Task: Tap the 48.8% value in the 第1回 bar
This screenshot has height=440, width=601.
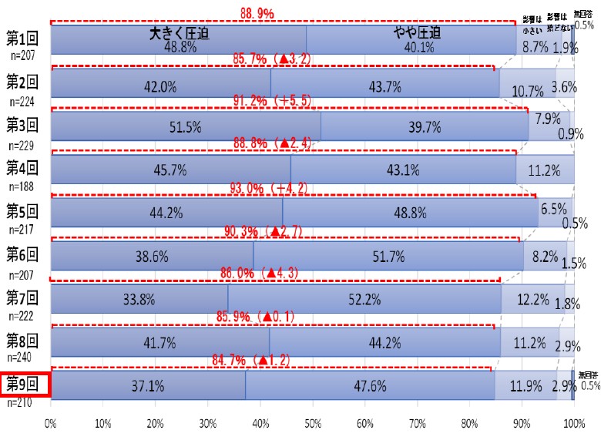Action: coord(180,47)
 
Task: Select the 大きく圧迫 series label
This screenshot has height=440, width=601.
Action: coord(180,33)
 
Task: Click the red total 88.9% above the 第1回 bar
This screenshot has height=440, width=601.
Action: coord(257,12)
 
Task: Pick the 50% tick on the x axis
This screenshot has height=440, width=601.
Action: coord(312,424)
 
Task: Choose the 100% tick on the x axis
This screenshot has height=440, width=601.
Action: coord(573,424)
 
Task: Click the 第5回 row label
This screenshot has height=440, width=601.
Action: coord(24,210)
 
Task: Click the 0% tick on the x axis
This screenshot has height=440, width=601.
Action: coord(51,424)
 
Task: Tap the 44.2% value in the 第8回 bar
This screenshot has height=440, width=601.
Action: coord(384,342)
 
